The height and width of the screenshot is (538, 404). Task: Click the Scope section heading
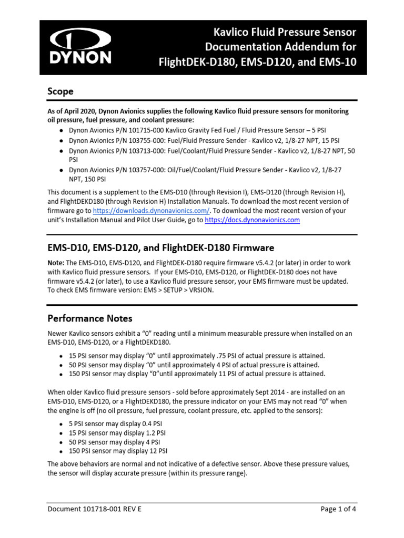tap(60, 91)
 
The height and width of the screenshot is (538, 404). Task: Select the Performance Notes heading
tap(90, 318)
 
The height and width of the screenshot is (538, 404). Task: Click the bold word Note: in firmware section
tap(56, 262)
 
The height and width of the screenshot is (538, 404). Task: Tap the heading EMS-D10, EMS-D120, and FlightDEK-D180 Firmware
tap(160, 247)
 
